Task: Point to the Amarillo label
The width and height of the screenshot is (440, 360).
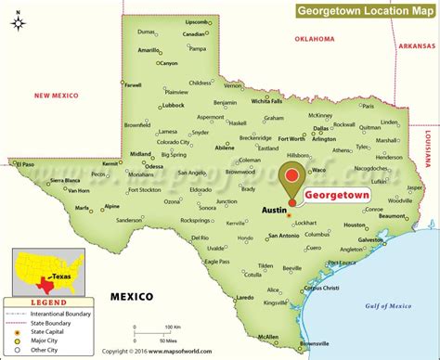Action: [149, 50]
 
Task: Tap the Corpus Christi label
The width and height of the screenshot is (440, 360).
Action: [323, 288]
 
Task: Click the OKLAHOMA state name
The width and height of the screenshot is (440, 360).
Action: [314, 40]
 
